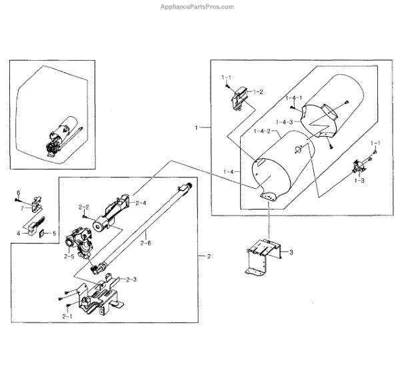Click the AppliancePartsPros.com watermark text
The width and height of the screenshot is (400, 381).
click(x=199, y=7)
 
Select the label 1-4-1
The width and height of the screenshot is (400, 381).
click(x=294, y=98)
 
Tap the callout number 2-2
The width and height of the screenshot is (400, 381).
click(x=84, y=208)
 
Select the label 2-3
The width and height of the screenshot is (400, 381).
click(x=131, y=278)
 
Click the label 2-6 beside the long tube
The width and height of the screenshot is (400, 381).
click(x=146, y=244)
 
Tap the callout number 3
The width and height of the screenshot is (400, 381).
click(x=291, y=251)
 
